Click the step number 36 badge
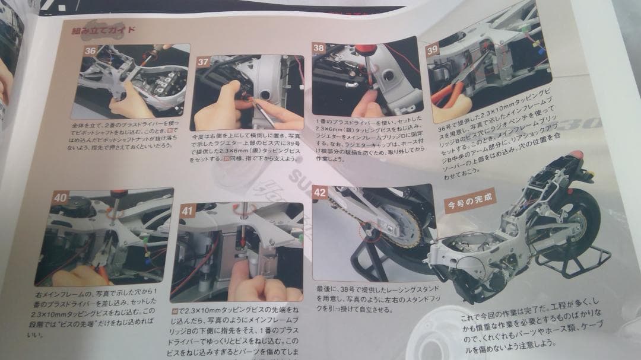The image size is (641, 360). (90, 51)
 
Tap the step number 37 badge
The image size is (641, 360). (203, 62)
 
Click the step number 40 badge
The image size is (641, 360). (59, 197)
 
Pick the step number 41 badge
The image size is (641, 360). (188, 210)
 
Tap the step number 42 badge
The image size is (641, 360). (320, 192)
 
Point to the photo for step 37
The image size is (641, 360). (246, 93)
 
